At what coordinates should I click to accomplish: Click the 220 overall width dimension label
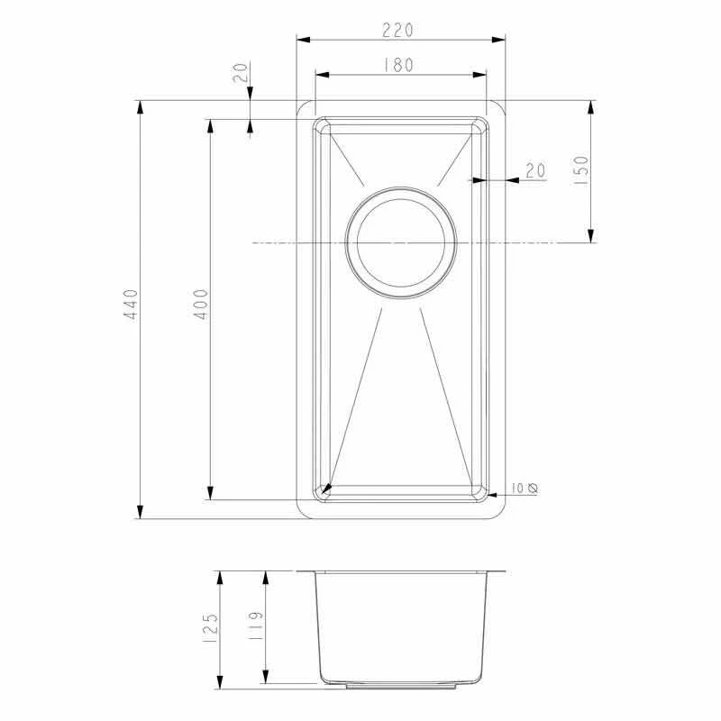point(397,30)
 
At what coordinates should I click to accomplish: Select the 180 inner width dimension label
point(397,65)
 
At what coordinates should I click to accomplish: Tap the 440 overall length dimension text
point(131,306)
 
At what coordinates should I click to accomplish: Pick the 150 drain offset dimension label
point(580,170)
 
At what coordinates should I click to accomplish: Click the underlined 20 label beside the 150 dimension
point(535,170)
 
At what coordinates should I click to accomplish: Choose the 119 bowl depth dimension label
point(255,628)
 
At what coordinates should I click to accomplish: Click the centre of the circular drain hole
point(401,242)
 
